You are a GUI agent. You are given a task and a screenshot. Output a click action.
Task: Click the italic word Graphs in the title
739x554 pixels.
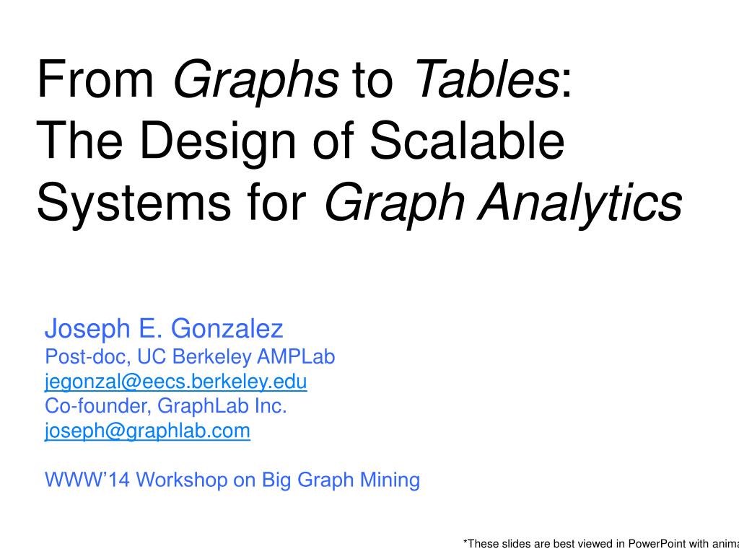tap(255, 81)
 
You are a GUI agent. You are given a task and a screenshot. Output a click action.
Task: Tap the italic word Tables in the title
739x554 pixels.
tap(484, 81)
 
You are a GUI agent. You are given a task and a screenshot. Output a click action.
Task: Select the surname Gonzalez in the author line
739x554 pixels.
tap(227, 330)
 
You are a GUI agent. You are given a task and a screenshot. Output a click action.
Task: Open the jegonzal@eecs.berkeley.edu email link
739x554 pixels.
tap(176, 382)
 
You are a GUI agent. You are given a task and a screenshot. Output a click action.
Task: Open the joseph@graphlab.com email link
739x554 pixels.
tap(147, 431)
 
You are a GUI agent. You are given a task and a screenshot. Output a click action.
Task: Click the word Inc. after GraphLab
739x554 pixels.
tap(271, 406)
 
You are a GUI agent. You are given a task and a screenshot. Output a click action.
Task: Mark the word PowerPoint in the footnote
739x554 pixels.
tap(656, 543)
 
